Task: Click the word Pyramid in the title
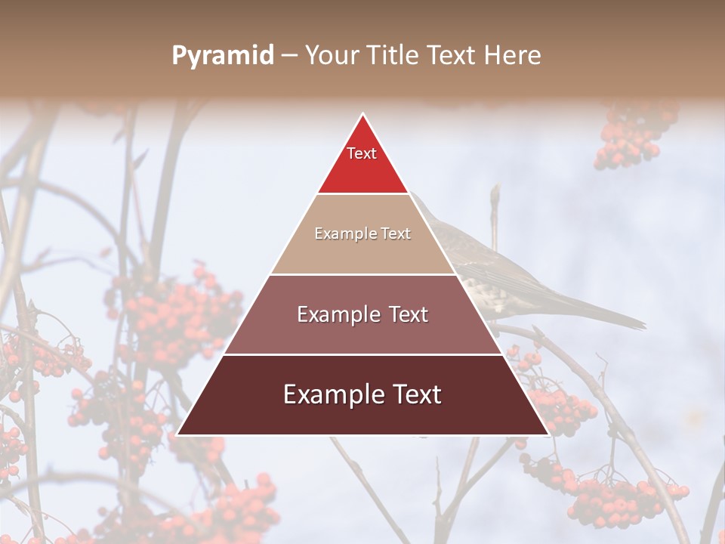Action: pyautogui.click(x=222, y=56)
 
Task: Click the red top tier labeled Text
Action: pyautogui.click(x=362, y=162)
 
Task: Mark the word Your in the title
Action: pyautogui.click(x=330, y=56)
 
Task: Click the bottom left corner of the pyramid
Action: pyautogui.click(x=178, y=434)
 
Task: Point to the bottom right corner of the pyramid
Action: pyautogui.click(x=548, y=434)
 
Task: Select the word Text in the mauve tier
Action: pyautogui.click(x=406, y=314)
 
